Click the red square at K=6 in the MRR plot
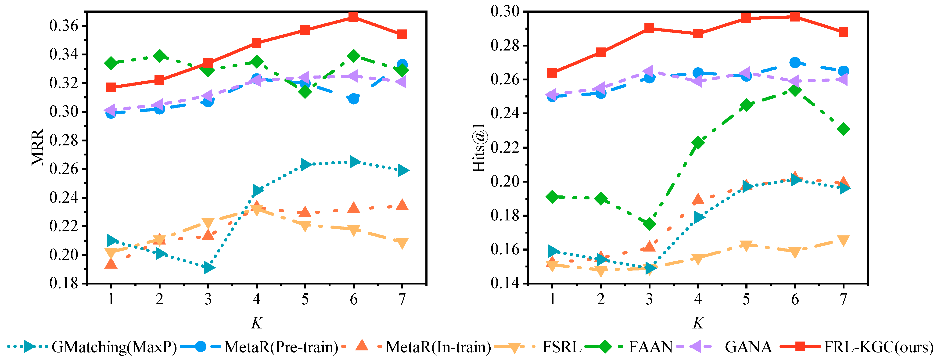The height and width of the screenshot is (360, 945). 353,17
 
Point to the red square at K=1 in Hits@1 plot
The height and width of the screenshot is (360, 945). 552,73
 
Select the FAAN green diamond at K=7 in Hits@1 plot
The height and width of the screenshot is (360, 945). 843,129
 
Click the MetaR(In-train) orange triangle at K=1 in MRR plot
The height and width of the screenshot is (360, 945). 111,263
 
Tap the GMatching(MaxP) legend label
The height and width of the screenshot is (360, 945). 114,346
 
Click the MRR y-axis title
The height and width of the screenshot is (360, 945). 37,147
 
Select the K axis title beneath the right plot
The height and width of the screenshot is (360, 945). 698,323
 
